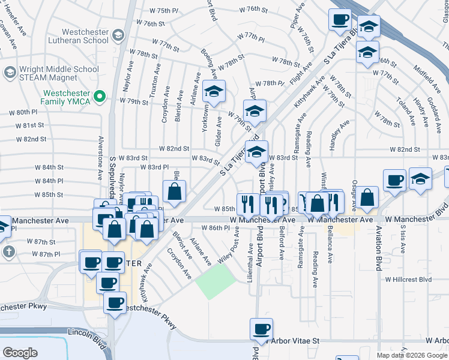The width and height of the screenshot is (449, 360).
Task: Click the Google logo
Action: (x=19, y=353)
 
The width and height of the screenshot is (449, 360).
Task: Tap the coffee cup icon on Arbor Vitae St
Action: (x=262, y=329)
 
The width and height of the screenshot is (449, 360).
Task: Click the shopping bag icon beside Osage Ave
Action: (x=369, y=196)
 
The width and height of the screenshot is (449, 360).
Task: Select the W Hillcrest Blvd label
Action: (x=408, y=280)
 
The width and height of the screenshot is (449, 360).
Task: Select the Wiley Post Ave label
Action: (x=231, y=252)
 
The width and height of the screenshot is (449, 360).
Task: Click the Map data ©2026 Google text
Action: (x=411, y=355)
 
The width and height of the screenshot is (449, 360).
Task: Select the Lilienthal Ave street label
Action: (x=250, y=257)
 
